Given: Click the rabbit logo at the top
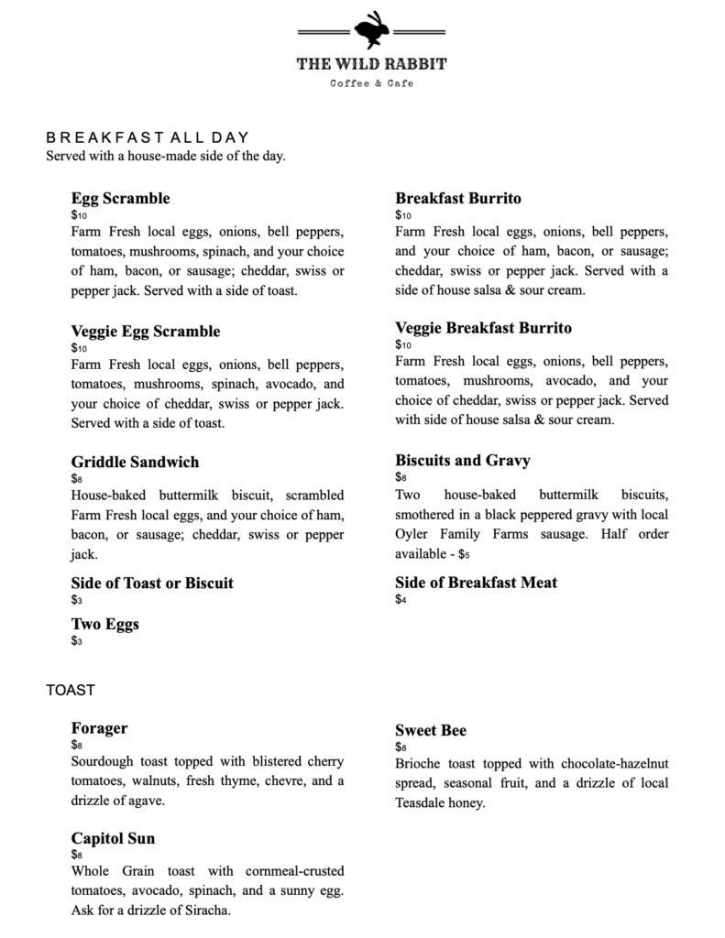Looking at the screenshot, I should click(371, 29).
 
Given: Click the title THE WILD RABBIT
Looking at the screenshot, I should click(371, 65).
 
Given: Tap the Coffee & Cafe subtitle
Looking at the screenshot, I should click(371, 83).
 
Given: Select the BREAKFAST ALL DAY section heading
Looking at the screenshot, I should click(148, 138).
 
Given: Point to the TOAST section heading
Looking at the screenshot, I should click(71, 690).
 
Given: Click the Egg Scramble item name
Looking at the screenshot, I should click(120, 199).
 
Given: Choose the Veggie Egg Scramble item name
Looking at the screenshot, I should click(146, 332).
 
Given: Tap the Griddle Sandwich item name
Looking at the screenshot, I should click(135, 462).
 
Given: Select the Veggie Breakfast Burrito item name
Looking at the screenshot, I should click(483, 328).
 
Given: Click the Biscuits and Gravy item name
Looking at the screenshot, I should click(462, 460).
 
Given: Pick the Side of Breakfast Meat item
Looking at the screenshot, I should click(476, 583).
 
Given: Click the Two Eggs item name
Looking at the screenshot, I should click(105, 625).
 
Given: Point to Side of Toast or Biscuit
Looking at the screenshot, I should click(152, 583).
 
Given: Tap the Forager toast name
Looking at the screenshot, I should click(99, 728).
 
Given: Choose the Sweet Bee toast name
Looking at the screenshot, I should click(431, 730).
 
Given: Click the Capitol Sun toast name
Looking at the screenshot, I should click(113, 838).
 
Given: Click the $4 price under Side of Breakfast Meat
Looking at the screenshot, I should click(401, 600).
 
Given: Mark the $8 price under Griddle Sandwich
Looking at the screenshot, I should click(76, 478).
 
